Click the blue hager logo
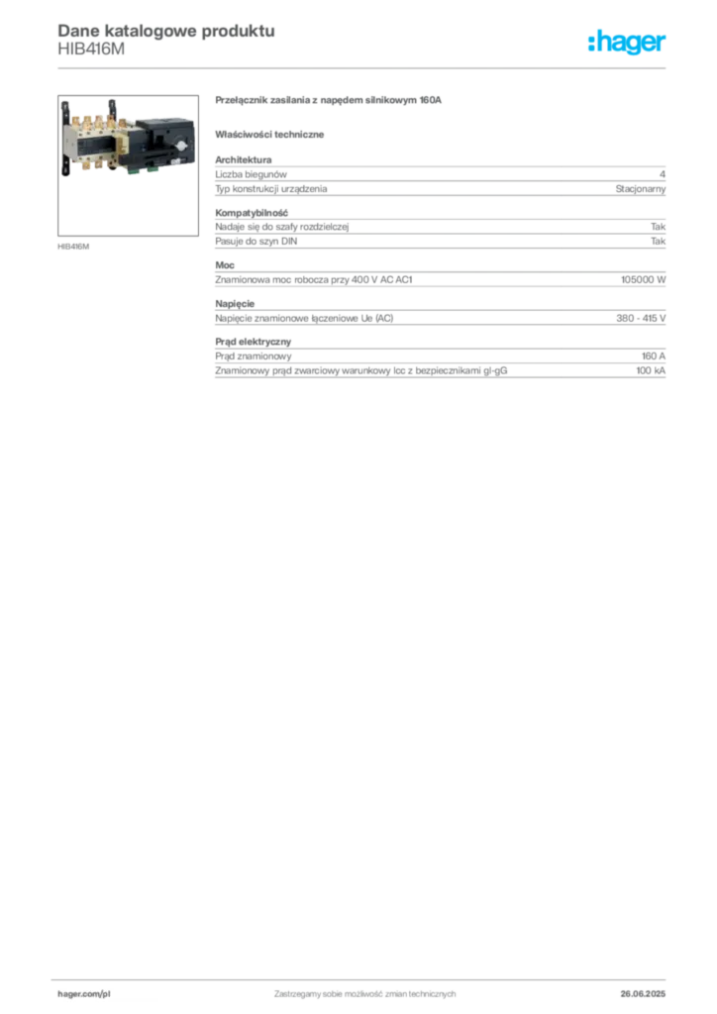629,43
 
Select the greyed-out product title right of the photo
328,101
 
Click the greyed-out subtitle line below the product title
273,133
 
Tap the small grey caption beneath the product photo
75,245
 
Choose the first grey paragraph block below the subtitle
440,177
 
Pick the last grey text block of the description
440,358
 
